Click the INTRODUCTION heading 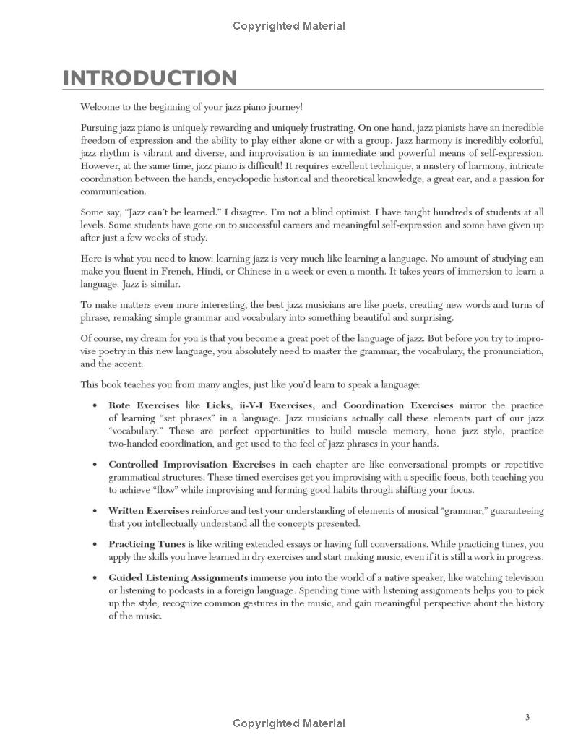coord(150,78)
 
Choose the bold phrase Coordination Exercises coord(398,405)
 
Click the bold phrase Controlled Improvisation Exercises coord(191,464)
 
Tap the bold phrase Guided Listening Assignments coord(178,577)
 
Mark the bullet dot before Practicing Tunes coord(95,544)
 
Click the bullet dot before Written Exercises coord(95,511)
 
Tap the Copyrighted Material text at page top coord(289,26)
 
